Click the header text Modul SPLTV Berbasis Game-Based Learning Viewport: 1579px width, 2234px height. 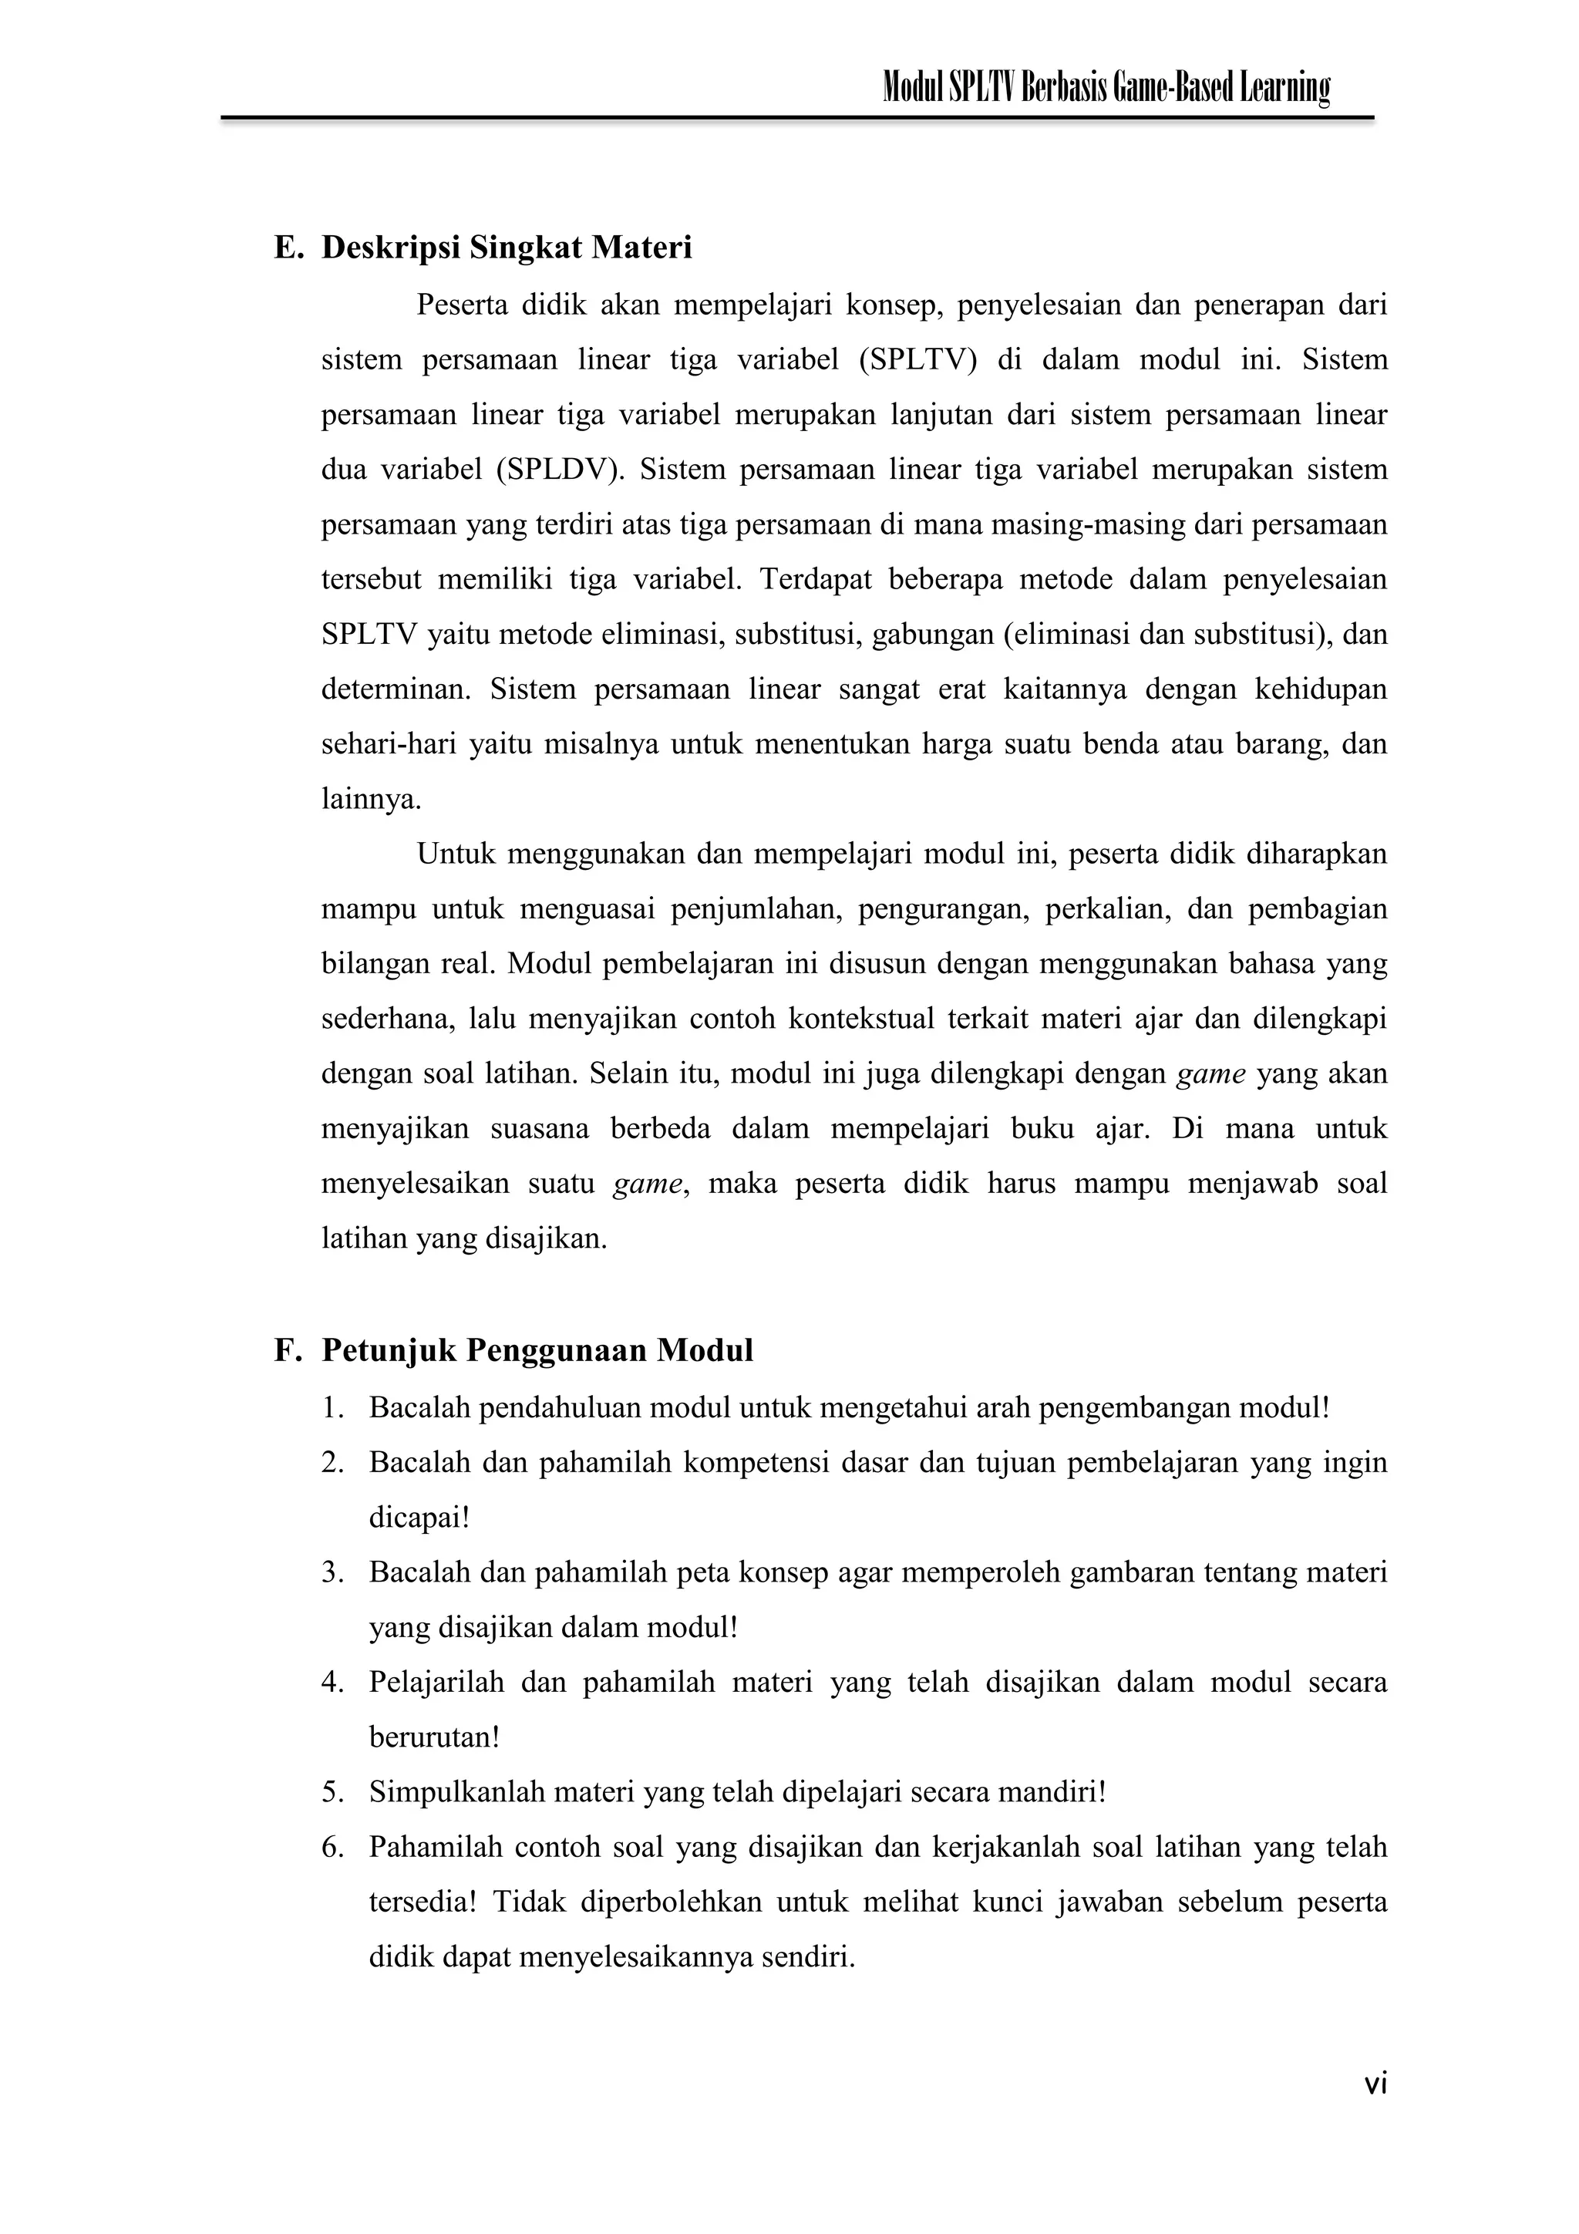1105,89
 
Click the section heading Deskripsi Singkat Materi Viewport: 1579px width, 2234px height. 506,248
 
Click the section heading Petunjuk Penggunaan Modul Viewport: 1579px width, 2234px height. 537,1350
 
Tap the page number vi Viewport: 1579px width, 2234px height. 1375,2083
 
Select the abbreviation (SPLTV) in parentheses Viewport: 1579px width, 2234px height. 917,360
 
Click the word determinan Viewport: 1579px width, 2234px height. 395,690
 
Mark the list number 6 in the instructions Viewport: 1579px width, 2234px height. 333,1847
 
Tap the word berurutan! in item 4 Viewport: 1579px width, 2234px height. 434,1737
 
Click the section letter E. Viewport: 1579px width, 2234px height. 287,248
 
